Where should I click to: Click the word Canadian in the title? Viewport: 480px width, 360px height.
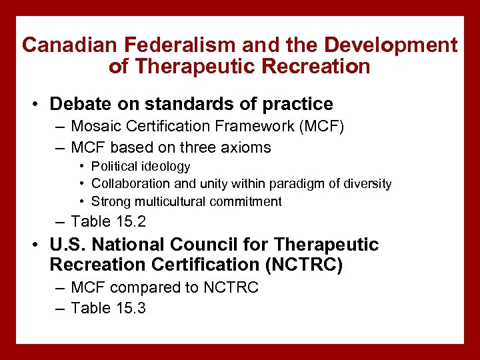(61, 45)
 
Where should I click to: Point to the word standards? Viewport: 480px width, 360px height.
(170, 104)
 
